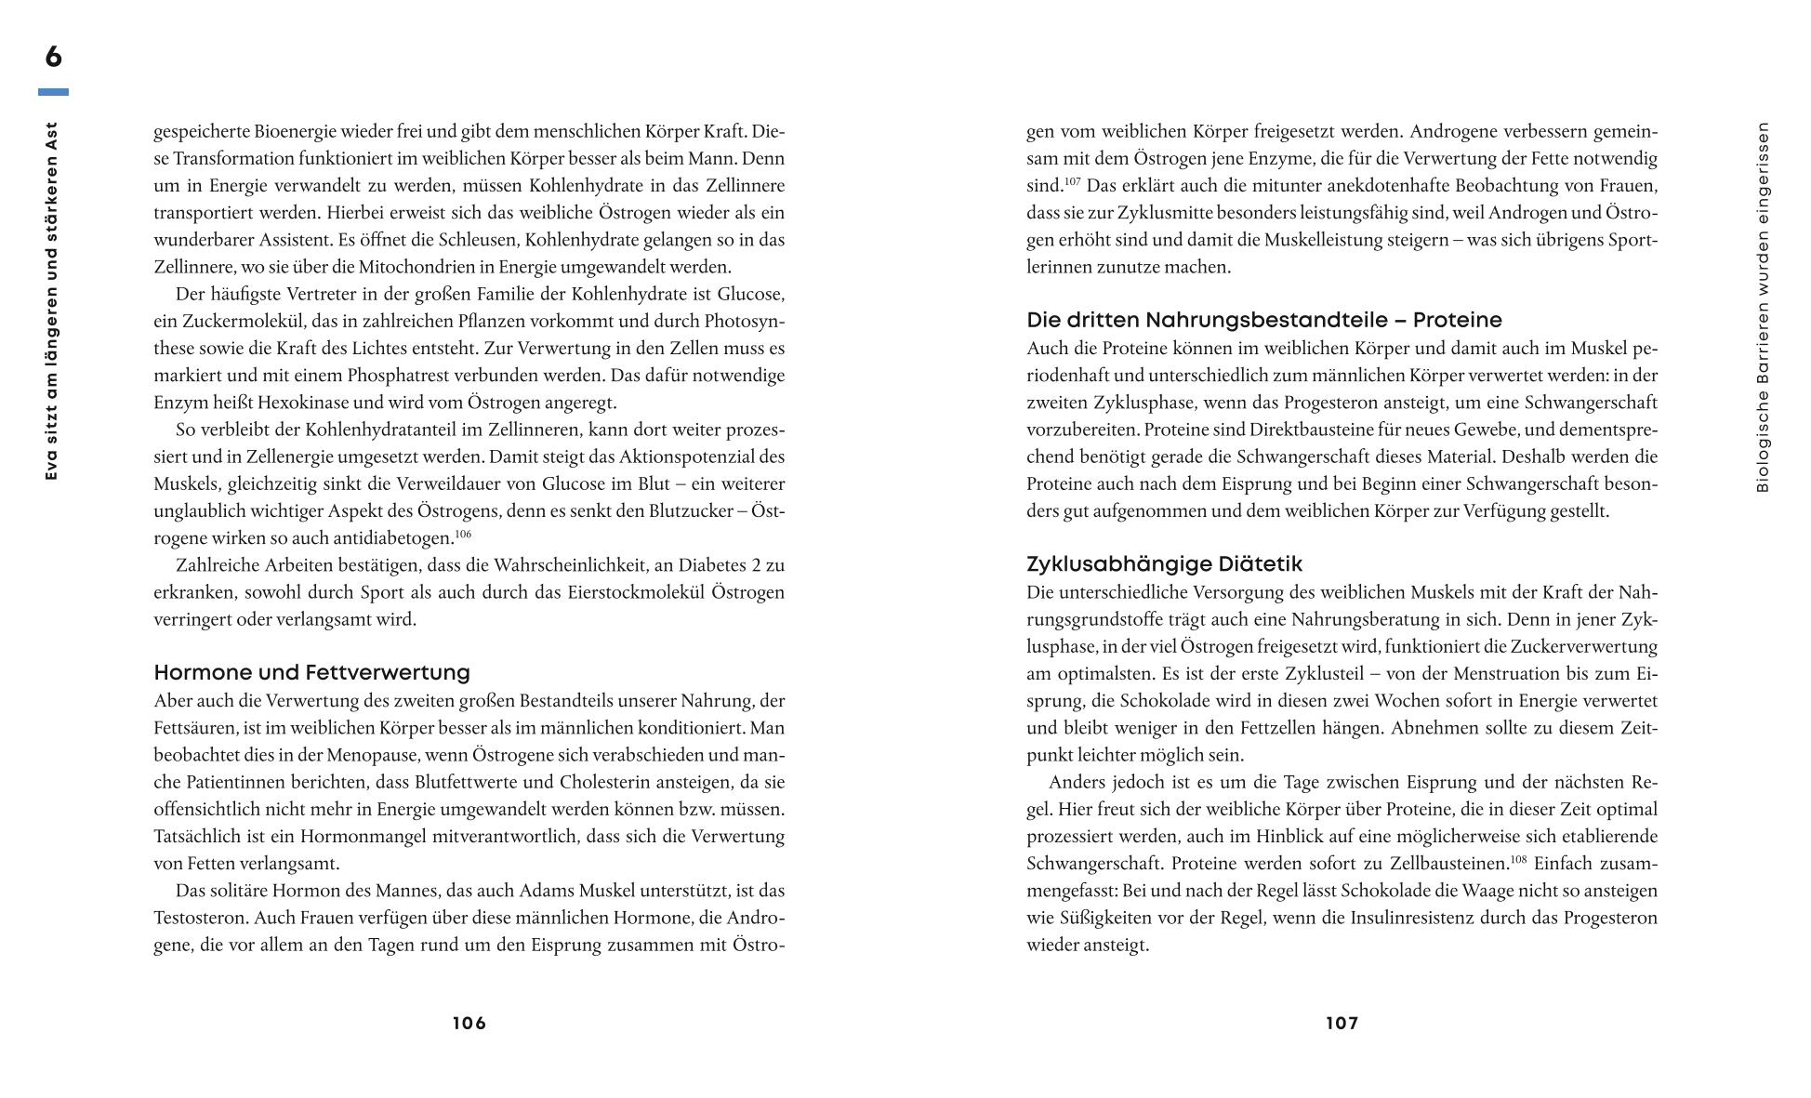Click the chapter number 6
click(53, 57)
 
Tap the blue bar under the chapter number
click(53, 92)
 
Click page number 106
click(469, 1024)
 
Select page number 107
click(1342, 1024)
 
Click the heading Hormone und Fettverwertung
click(311, 672)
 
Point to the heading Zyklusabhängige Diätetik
click(1164, 564)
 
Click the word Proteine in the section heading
click(1457, 321)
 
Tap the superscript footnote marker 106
click(463, 535)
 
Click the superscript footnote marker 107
click(1073, 181)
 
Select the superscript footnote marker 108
click(1518, 859)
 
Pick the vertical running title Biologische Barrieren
click(1763, 307)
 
